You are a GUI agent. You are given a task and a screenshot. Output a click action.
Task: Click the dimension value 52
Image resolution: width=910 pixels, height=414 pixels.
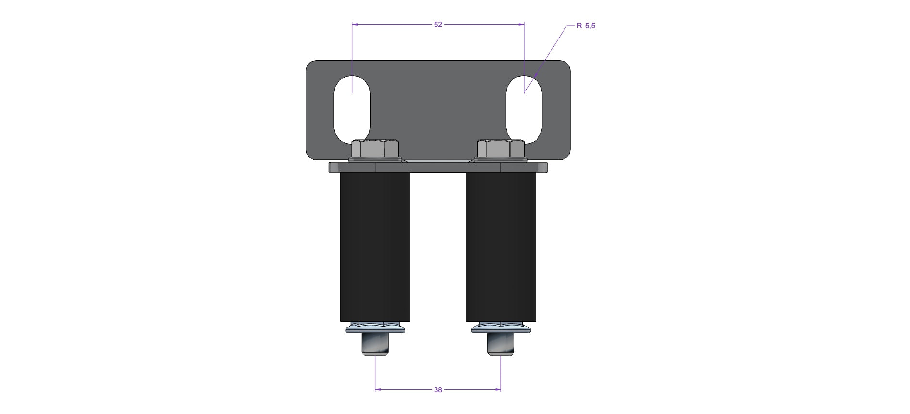438,25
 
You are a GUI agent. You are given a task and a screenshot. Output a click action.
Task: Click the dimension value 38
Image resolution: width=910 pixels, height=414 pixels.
438,390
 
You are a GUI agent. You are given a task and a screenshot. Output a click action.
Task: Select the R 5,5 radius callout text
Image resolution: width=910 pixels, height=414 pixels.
586,26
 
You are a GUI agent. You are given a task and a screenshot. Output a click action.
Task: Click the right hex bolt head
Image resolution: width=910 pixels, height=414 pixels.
500,149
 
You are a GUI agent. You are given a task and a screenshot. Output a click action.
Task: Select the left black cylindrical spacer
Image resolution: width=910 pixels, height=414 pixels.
375,247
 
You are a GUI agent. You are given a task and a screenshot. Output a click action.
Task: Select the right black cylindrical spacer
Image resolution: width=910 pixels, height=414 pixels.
500,247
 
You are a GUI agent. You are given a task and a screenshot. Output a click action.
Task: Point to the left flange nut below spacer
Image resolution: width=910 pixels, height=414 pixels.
375,327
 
